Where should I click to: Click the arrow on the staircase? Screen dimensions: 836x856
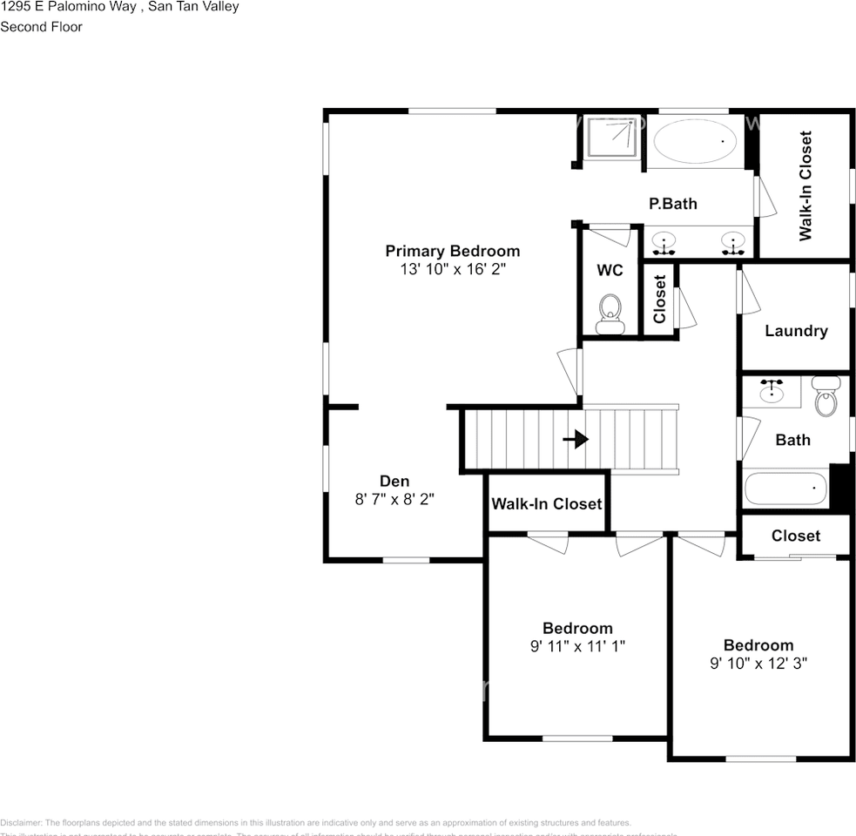click(576, 440)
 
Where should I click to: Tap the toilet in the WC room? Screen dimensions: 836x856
click(610, 314)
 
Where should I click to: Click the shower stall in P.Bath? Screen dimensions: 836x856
click(610, 137)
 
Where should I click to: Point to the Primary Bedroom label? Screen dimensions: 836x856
click(453, 252)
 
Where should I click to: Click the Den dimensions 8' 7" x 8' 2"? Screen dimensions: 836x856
click(394, 499)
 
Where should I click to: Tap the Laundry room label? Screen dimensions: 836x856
click(796, 331)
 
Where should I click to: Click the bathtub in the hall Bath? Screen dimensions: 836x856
click(786, 489)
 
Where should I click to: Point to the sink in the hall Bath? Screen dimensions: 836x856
click(772, 391)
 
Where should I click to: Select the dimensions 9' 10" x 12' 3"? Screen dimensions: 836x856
click(758, 663)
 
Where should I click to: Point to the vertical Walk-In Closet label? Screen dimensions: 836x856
click(805, 185)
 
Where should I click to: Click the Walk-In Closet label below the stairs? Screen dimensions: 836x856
click(546, 504)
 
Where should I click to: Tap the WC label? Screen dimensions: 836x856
click(610, 271)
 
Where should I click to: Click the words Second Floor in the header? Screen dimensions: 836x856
click(41, 27)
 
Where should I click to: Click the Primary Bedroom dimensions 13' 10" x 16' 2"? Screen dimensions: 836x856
click(453, 270)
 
